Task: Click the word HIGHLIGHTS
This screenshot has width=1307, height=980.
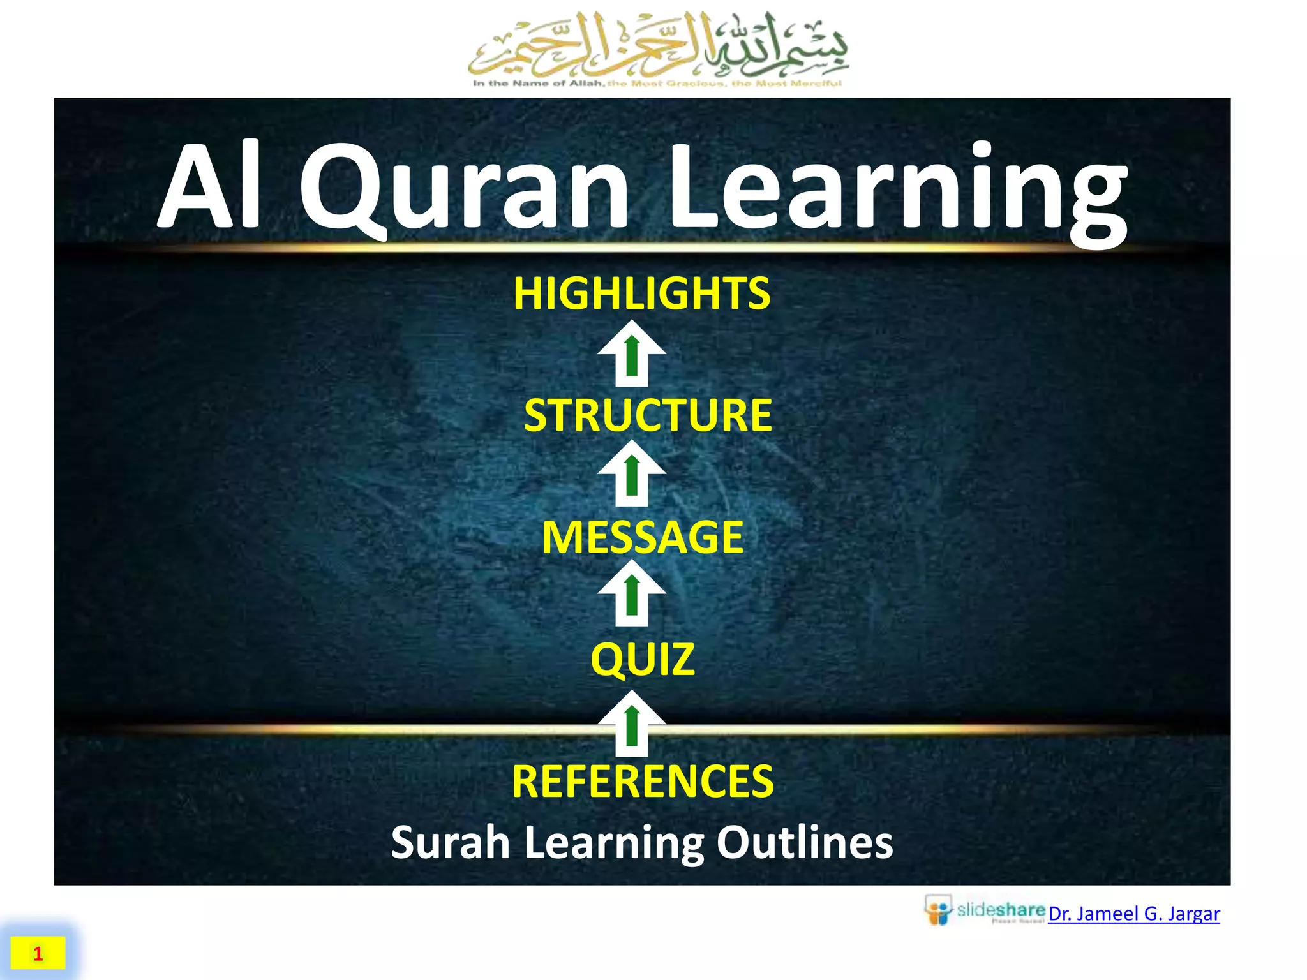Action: (642, 293)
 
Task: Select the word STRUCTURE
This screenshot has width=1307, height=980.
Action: (648, 415)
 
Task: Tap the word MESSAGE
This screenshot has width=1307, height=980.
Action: (643, 537)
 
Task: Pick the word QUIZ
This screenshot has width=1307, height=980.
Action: (643, 659)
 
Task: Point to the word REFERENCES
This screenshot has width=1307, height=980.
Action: (643, 782)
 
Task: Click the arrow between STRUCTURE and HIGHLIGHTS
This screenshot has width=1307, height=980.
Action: (632, 354)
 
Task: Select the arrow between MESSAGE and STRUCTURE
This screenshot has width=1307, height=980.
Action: (632, 473)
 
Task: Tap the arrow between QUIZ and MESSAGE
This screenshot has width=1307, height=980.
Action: (632, 593)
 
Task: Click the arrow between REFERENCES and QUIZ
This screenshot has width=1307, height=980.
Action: (632, 724)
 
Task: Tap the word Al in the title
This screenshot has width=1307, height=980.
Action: (211, 188)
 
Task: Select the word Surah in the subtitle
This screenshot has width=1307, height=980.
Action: (450, 842)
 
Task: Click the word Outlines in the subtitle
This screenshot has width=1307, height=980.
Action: (805, 842)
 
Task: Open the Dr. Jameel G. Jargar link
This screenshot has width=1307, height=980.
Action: (1134, 914)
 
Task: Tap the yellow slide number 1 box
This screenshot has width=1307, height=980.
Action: (38, 953)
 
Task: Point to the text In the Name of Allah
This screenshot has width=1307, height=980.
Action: (538, 84)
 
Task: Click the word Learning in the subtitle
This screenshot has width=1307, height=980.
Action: (613, 842)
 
